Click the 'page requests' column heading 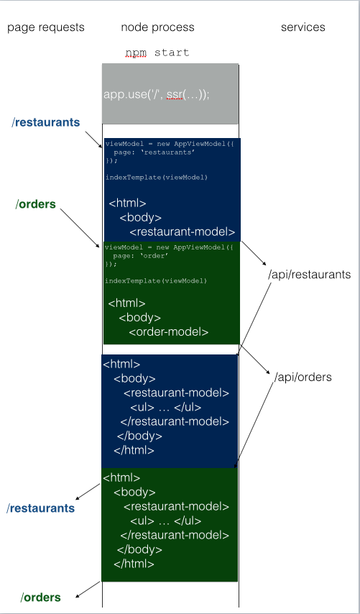(x=46, y=27)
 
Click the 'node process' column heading (x=157, y=27)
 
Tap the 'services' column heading (x=303, y=27)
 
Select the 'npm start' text (x=157, y=52)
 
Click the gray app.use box (x=170, y=94)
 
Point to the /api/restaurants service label (x=309, y=275)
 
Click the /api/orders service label (x=303, y=377)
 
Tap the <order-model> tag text (x=169, y=332)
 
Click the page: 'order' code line (x=141, y=256)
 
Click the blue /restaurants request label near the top (x=46, y=122)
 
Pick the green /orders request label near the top (x=36, y=204)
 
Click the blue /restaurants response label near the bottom (x=40, y=508)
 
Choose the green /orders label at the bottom (x=41, y=597)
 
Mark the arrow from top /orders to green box (x=80, y=228)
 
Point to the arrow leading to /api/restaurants (x=254, y=253)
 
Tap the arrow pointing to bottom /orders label (x=88, y=590)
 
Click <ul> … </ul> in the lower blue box (x=166, y=408)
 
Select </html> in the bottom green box (x=134, y=564)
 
